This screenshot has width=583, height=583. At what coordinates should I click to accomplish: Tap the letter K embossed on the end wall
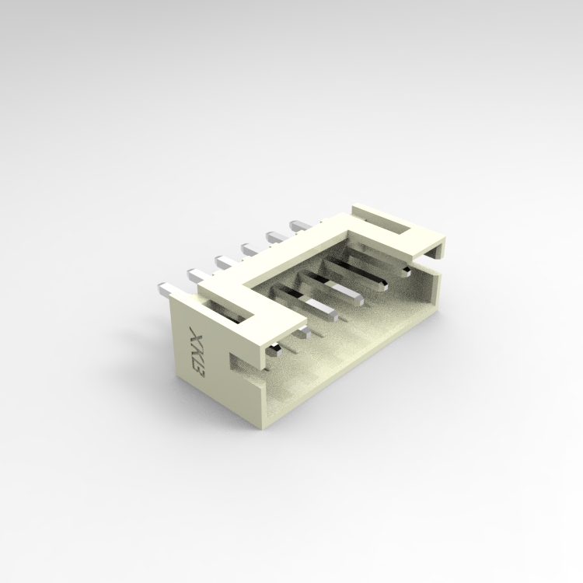click(197, 354)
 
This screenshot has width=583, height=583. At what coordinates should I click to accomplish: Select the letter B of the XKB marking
click(198, 372)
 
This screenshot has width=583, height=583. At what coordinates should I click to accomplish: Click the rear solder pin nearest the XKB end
click(165, 288)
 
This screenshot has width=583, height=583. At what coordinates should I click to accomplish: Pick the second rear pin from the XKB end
click(197, 274)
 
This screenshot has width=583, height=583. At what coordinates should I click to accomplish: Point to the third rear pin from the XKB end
click(225, 262)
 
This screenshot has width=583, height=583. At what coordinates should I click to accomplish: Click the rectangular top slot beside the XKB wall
click(226, 310)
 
